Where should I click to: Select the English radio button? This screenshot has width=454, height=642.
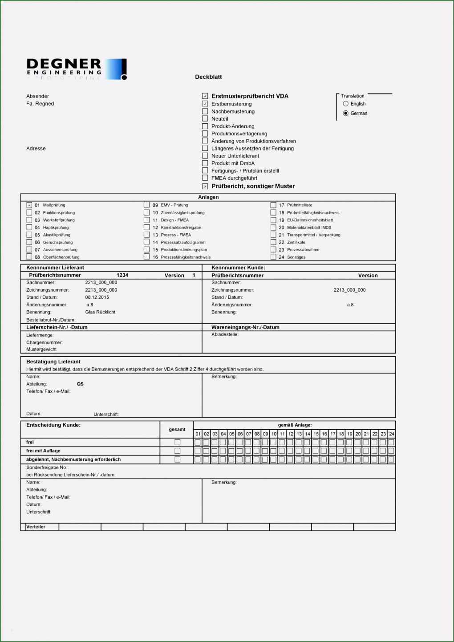(346, 104)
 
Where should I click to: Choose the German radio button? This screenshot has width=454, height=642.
(346, 113)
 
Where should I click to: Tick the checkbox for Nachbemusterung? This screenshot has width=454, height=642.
(205, 111)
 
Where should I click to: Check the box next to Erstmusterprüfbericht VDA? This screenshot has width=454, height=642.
(205, 96)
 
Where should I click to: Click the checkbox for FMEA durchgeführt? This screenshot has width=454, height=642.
(205, 178)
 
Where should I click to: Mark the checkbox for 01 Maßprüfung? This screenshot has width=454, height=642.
(29, 205)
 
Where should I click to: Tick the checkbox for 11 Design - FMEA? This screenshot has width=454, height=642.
(147, 220)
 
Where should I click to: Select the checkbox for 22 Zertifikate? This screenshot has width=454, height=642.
(274, 242)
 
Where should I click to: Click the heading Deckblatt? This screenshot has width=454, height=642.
(208, 77)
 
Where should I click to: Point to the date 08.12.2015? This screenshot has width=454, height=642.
(97, 297)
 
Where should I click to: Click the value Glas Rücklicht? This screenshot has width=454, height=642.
(100, 312)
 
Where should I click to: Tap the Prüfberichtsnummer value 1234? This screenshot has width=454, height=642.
(122, 275)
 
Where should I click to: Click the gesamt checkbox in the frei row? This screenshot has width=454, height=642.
(177, 442)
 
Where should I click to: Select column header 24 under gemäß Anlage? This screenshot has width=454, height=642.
(391, 434)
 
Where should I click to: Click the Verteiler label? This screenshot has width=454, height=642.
(36, 527)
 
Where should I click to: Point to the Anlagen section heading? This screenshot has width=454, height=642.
(208, 197)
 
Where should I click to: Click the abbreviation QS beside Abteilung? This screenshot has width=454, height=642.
(80, 384)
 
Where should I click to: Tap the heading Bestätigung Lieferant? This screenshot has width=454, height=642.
(53, 362)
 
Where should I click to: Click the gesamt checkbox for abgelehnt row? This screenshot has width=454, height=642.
(177, 459)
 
